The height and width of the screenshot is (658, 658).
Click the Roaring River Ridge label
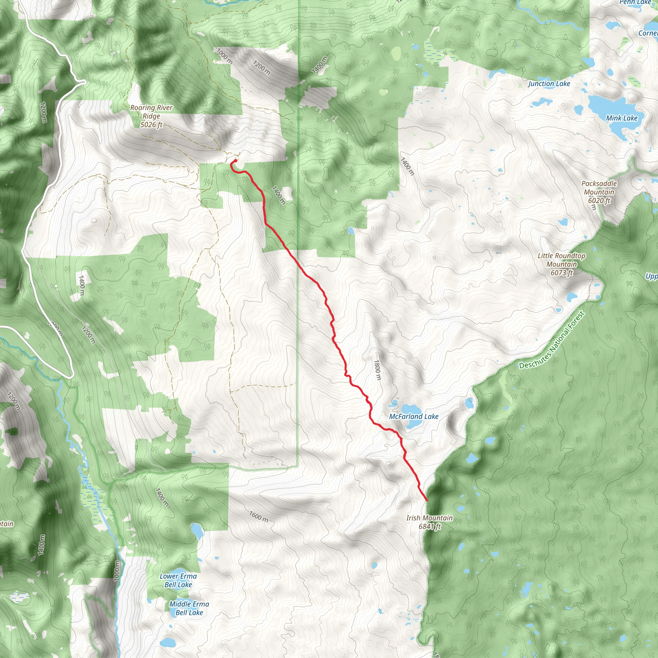[x=151, y=116]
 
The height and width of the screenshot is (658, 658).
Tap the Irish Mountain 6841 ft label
[x=430, y=522]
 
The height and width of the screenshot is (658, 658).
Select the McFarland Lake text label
[x=414, y=416]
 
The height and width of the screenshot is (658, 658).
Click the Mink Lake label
[x=622, y=118]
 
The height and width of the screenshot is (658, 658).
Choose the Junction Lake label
[x=549, y=84]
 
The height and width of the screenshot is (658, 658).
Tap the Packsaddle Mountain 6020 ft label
[x=599, y=192]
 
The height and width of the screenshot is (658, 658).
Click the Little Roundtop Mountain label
[x=562, y=264]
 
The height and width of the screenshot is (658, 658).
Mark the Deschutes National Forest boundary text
[x=551, y=340]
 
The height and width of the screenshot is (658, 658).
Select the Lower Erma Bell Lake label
[x=178, y=580]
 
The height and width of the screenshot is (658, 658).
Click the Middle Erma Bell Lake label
[x=189, y=608]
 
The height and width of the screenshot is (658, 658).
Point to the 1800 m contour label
[x=377, y=370]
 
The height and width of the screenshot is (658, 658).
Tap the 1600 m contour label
[x=258, y=517]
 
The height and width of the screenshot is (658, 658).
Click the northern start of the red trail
[x=235, y=161]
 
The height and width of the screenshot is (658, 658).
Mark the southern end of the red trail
[x=427, y=500]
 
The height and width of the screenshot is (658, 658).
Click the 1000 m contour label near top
[x=225, y=56]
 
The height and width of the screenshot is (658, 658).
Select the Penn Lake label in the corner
[x=635, y=2]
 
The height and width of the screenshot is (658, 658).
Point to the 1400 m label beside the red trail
[x=279, y=195]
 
